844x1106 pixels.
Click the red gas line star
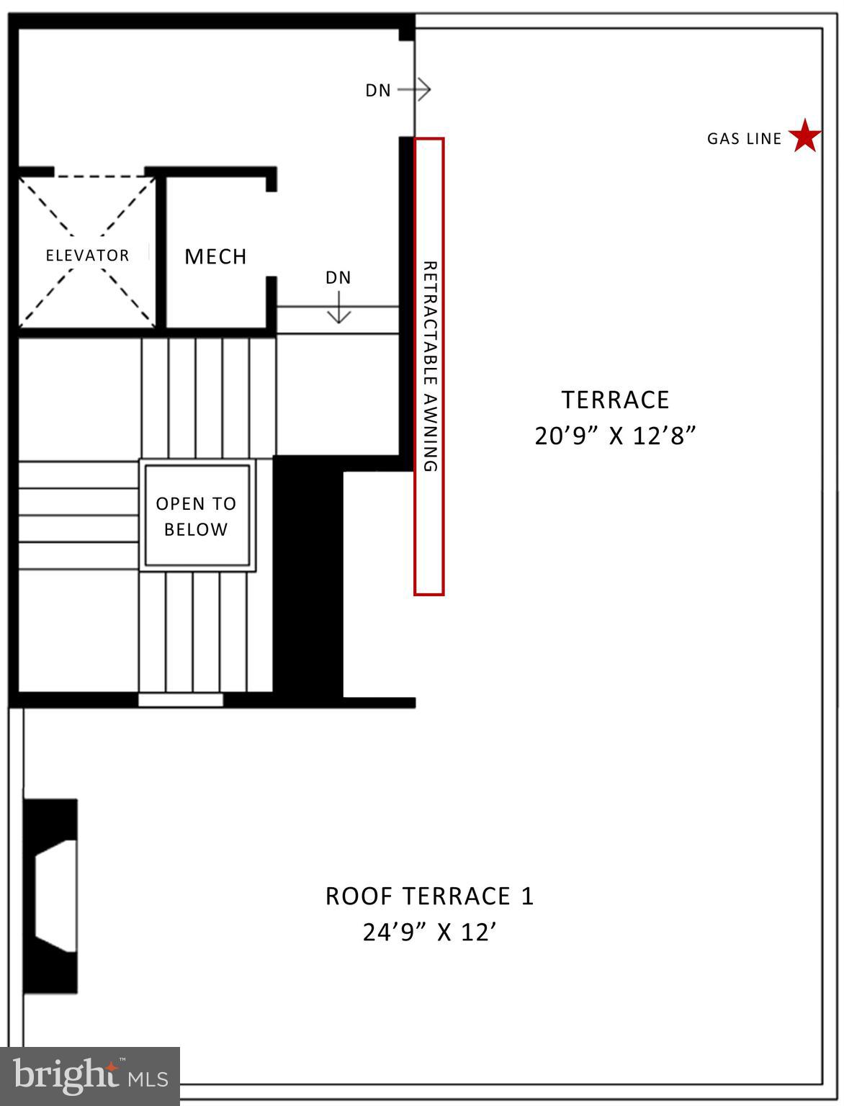pyautogui.click(x=804, y=137)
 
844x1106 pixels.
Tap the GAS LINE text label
pyautogui.click(x=744, y=139)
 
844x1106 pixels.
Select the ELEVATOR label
pyautogui.click(x=87, y=256)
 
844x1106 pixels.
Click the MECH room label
pyautogui.click(x=215, y=256)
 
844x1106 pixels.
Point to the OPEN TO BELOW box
pyautogui.click(x=197, y=516)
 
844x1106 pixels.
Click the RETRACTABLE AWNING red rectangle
pyautogui.click(x=428, y=367)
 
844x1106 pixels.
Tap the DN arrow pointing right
pyautogui.click(x=415, y=90)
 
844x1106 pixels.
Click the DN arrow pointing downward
pyautogui.click(x=338, y=307)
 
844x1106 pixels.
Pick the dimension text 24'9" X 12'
pyautogui.click(x=430, y=933)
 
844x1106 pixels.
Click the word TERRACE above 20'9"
pyautogui.click(x=615, y=400)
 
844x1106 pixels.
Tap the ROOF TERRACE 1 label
pyautogui.click(x=430, y=896)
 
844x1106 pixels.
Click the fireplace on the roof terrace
pyautogui.click(x=50, y=896)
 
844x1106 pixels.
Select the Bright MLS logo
pyautogui.click(x=89, y=1076)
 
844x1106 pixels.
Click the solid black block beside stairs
pyautogui.click(x=307, y=576)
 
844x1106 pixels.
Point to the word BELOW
pyautogui.click(x=196, y=529)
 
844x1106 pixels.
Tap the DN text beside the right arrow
pyautogui.click(x=378, y=91)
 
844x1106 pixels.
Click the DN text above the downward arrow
pyautogui.click(x=338, y=278)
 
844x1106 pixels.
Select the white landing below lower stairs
pyautogui.click(x=181, y=700)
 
